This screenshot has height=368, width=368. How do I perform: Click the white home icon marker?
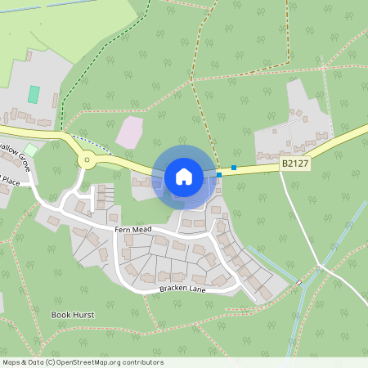[184, 177]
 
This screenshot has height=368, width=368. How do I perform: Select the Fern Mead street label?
[133, 231]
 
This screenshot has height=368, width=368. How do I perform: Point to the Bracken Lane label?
[184, 290]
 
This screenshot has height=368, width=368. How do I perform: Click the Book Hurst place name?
[73, 314]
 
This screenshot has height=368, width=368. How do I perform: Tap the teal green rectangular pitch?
[34, 94]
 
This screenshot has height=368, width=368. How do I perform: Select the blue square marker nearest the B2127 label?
[234, 168]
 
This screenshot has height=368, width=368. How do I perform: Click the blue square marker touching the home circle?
[219, 174]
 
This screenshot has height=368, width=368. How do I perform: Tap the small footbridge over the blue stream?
[299, 282]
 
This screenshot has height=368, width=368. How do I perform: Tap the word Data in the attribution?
[35, 362]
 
